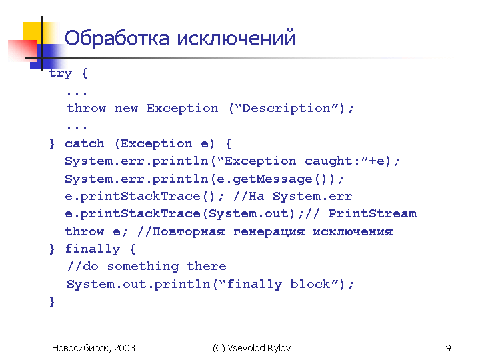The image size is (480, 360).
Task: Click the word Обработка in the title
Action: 117,38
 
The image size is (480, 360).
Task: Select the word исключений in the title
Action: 236,38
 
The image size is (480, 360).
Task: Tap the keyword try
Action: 60,74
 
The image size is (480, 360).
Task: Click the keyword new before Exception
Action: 127,109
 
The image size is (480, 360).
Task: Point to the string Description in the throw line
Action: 286,109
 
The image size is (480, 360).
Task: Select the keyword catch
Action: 85,143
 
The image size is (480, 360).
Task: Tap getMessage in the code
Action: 273,179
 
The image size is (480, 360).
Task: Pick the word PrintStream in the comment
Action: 373,214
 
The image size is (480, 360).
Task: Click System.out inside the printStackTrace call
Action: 248,214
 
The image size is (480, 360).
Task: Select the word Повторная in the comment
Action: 189,232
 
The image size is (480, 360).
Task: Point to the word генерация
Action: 269,232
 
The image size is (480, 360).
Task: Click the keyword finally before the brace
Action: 93,249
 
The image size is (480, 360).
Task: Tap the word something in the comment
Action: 143,267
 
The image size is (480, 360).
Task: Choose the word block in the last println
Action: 311,284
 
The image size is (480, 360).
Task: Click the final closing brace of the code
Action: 52,301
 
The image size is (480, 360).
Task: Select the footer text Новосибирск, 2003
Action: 93,348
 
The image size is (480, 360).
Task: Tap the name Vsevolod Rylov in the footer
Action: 259,348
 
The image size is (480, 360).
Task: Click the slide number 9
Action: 448,348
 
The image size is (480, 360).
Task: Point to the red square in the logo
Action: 23,51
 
